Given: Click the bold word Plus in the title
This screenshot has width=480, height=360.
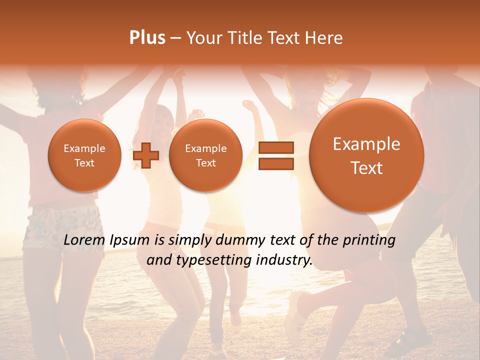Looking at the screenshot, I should (x=147, y=37).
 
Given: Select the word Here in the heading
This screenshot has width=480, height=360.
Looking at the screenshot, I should (x=324, y=38).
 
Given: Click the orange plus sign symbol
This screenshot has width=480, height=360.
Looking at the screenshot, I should (x=146, y=155).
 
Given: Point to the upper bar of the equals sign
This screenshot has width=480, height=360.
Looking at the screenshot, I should (x=276, y=147).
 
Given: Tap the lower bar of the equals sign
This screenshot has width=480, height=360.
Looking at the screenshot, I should (x=276, y=163).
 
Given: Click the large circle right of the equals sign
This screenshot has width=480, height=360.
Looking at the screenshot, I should (x=366, y=155).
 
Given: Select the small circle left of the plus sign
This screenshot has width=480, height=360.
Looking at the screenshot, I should (x=84, y=155).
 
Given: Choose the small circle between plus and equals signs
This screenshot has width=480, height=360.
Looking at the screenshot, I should (x=205, y=155).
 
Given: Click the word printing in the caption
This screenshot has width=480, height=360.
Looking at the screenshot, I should (x=368, y=240).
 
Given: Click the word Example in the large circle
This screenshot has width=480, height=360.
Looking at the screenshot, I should (x=366, y=144).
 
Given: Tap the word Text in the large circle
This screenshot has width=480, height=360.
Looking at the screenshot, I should (x=366, y=168).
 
